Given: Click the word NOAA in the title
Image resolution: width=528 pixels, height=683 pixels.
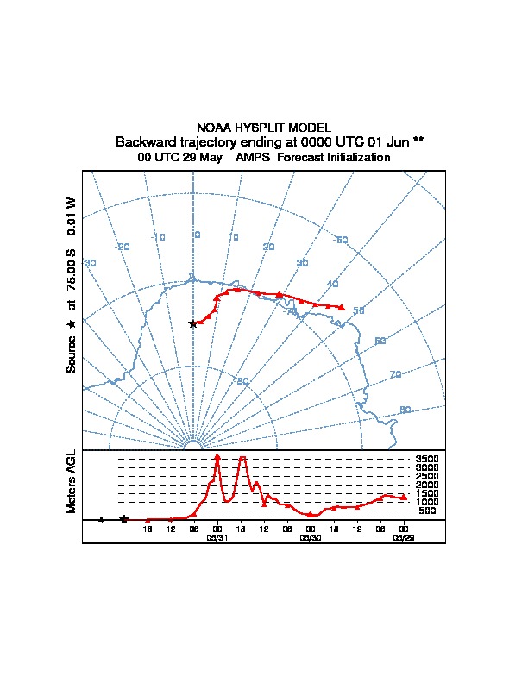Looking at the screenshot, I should [x=212, y=128].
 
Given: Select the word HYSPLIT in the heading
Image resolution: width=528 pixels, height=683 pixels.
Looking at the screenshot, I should [x=255, y=128].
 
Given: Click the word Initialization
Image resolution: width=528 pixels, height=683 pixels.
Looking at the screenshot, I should [x=356, y=158].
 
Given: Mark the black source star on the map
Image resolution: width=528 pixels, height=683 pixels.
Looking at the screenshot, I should [x=192, y=323].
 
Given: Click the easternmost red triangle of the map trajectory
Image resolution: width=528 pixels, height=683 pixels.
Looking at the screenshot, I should [x=343, y=307].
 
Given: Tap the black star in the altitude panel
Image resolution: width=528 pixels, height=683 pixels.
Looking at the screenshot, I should [x=123, y=519].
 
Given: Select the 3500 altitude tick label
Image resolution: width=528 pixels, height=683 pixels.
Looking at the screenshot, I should [x=427, y=460].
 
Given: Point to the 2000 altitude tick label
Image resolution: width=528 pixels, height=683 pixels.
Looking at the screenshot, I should [x=427, y=485].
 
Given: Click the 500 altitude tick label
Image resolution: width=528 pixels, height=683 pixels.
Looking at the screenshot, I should [x=427, y=511].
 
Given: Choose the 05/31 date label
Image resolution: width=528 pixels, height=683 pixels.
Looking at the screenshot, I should [x=217, y=536].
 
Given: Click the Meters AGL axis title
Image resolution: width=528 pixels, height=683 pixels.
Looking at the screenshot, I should [x=72, y=481].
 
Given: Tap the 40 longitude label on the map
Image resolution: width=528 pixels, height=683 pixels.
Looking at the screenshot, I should [x=332, y=284].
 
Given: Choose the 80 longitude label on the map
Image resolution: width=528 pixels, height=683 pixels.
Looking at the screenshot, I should [x=405, y=410].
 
